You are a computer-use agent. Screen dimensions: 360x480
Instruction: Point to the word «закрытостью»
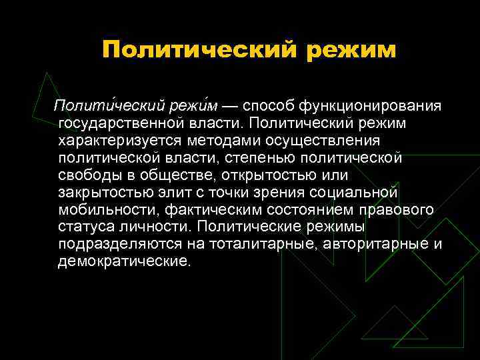point(101,193)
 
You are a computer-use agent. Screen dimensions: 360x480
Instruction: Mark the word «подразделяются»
point(117,244)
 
